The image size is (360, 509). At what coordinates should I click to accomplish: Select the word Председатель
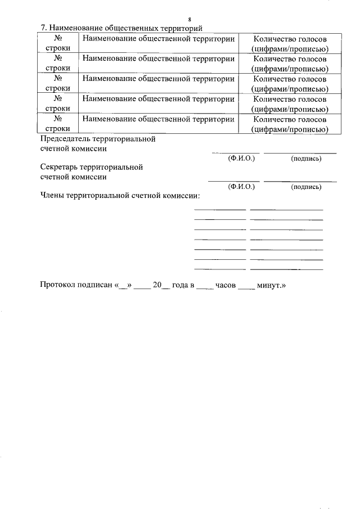point(67,138)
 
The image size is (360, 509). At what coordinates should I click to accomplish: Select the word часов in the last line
point(226,285)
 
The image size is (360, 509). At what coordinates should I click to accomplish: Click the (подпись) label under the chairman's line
point(306,159)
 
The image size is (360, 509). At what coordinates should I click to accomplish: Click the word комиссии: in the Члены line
point(181,196)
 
